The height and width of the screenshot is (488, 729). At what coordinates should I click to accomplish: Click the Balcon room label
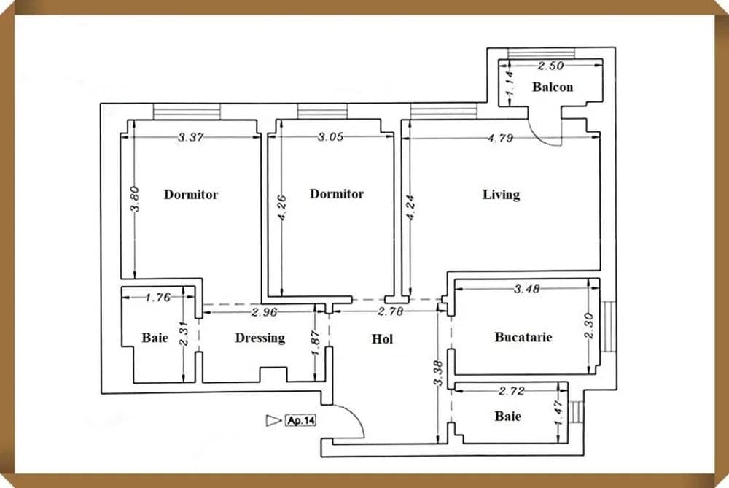(552, 88)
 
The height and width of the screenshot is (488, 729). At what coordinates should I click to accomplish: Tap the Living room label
(501, 195)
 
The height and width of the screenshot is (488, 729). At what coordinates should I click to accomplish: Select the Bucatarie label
(523, 337)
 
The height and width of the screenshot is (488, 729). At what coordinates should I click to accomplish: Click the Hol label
(382, 339)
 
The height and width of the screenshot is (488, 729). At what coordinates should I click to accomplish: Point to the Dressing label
(260, 338)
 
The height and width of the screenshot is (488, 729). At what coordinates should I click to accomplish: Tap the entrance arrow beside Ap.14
(274, 420)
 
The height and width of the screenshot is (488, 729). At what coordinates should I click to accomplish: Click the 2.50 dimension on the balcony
(551, 66)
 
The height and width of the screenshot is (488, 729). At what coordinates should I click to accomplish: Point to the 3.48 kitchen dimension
(526, 289)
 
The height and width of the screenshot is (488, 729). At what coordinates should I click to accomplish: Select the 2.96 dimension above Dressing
(264, 313)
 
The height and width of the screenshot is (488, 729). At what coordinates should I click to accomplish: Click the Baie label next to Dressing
(155, 338)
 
